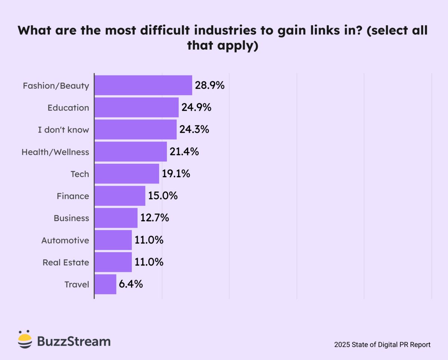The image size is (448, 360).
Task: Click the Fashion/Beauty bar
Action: click(x=143, y=85)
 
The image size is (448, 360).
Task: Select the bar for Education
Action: click(x=136, y=107)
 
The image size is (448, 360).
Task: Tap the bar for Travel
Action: click(x=105, y=284)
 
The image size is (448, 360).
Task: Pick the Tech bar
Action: click(x=127, y=174)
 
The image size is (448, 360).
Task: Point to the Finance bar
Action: click(x=119, y=196)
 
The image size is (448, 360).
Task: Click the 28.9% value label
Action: click(x=209, y=85)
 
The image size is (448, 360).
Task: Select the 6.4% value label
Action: click(x=131, y=284)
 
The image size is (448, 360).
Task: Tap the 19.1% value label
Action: click(x=176, y=174)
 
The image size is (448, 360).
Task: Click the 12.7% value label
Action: click(x=155, y=218)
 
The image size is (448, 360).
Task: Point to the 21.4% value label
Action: click(x=184, y=152)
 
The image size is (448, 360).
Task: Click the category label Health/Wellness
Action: click(x=55, y=152)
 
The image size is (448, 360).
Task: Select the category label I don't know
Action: click(x=63, y=130)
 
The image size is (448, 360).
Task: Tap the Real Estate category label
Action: click(x=66, y=262)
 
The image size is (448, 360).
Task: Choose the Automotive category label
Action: click(x=65, y=240)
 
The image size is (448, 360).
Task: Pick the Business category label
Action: click(x=71, y=218)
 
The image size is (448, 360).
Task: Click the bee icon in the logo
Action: click(x=25, y=339)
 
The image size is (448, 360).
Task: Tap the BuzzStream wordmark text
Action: click(x=74, y=341)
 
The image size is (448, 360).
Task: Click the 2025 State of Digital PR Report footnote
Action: click(x=382, y=345)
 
